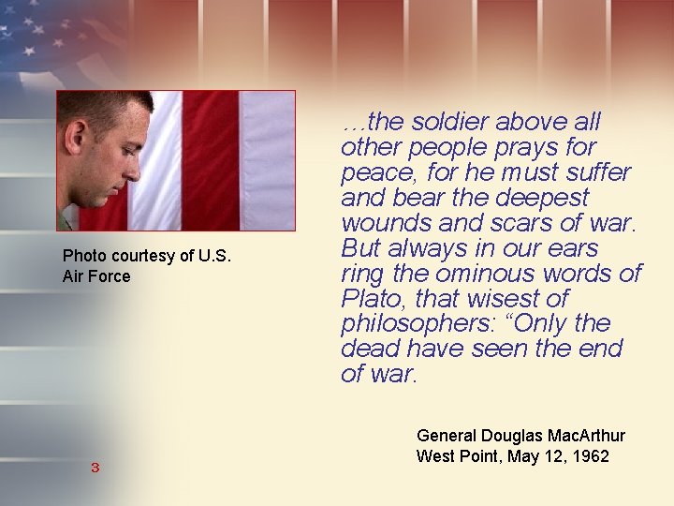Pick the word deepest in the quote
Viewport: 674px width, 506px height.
(x=544, y=199)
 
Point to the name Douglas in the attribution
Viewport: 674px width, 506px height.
(x=510, y=436)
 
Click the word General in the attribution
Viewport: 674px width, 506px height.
(x=446, y=436)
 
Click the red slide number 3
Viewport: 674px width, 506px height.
(x=95, y=468)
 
